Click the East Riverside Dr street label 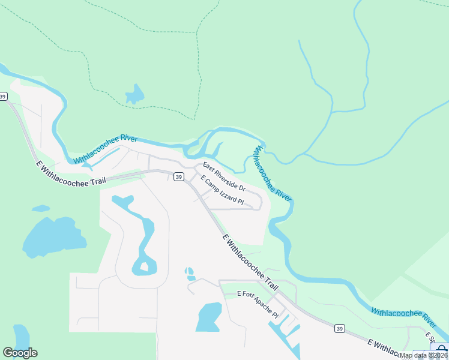point(224,176)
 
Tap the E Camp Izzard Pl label point(223,191)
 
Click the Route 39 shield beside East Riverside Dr point(178,176)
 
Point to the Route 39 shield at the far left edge point(4,96)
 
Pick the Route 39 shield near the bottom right point(340,328)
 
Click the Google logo point(20,353)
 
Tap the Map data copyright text point(423,355)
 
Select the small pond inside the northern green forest point(134,95)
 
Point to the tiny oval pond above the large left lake point(41,208)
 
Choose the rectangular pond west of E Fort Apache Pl point(209,317)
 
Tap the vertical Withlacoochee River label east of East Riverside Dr point(273,173)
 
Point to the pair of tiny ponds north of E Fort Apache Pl point(190,274)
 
